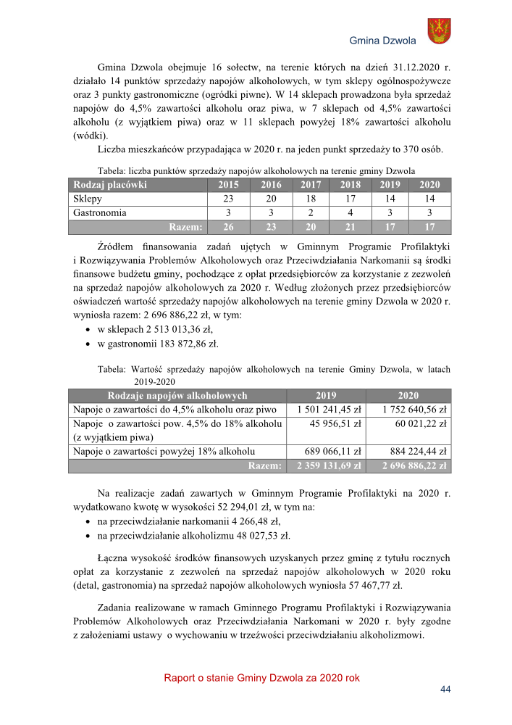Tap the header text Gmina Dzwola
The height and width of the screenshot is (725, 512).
[382, 41]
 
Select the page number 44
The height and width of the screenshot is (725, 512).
[445, 689]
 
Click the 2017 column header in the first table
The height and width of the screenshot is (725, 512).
[311, 185]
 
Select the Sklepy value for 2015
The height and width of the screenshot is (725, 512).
[228, 199]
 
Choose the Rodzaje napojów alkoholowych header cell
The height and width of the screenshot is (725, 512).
[177, 396]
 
